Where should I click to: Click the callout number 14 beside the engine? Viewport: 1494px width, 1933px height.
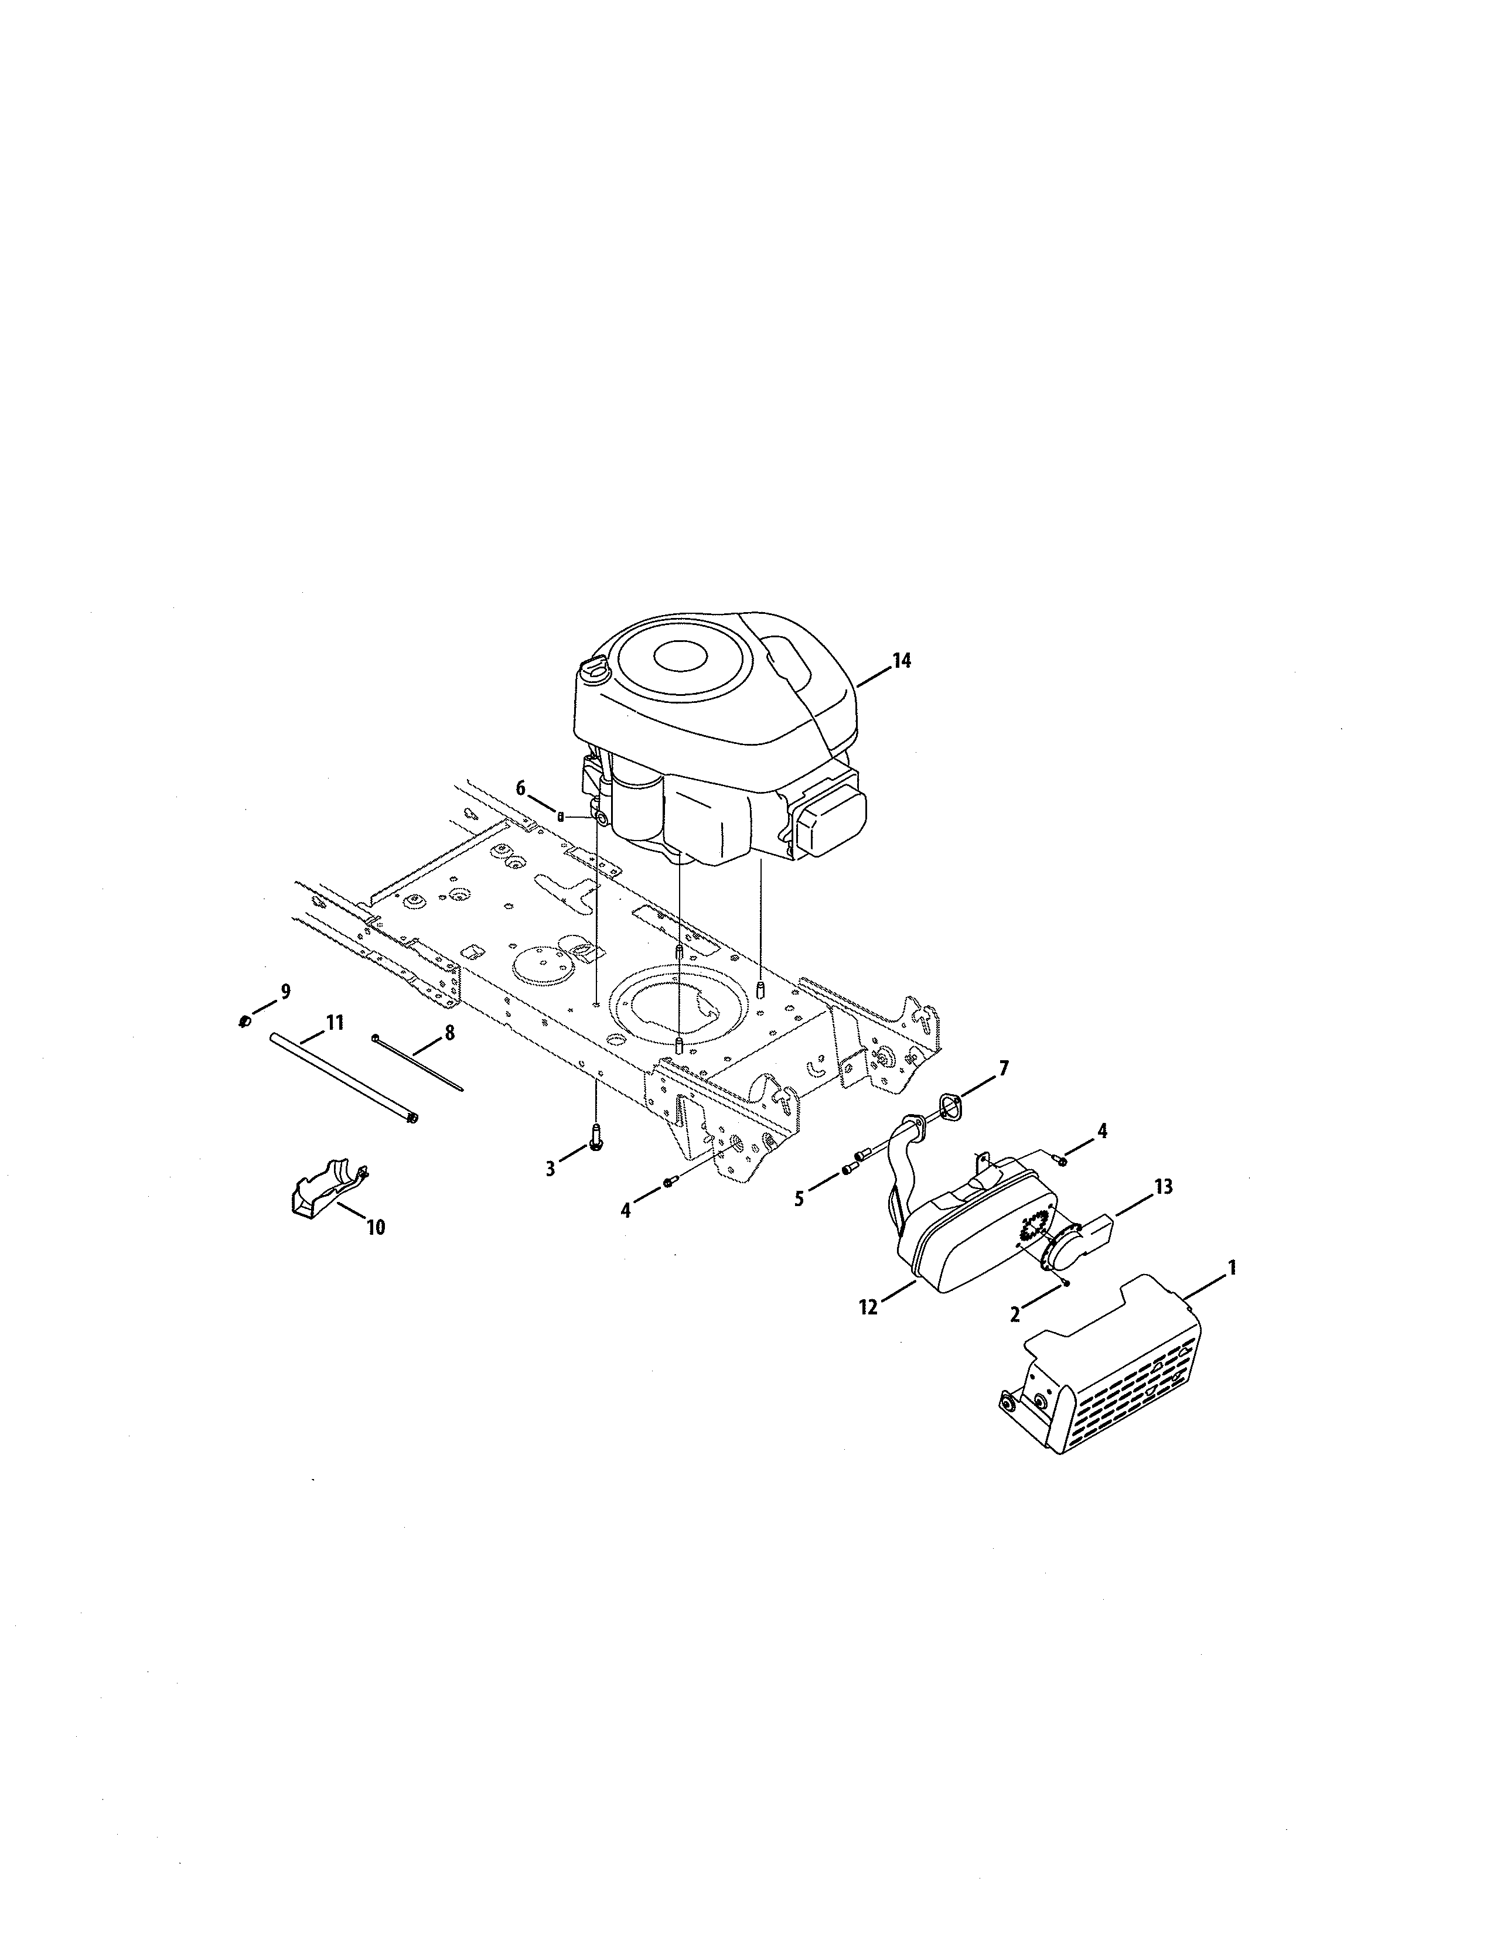coord(901,661)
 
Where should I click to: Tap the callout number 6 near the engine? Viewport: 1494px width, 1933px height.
coord(520,788)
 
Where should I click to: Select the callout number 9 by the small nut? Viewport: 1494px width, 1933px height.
coord(285,992)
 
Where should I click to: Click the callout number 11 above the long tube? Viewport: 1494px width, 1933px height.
coord(334,1023)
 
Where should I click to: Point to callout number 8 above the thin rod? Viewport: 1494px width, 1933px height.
coord(449,1032)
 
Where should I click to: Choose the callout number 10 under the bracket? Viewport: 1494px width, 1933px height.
coord(376,1228)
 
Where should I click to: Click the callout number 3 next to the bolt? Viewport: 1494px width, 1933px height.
coord(551,1169)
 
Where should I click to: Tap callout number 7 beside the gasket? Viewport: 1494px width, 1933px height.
coord(1003,1068)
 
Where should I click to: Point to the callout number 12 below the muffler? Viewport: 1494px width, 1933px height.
coord(868,1306)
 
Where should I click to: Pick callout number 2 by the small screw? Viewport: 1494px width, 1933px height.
coord(1015,1314)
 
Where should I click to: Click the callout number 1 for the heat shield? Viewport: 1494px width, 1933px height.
coord(1231,1268)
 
